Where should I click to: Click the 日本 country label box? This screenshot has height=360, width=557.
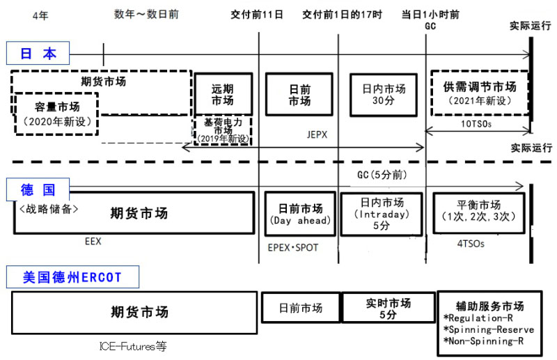point(38,54)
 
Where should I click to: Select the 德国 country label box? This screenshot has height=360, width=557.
point(38,189)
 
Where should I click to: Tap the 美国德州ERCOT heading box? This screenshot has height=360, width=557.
point(72,278)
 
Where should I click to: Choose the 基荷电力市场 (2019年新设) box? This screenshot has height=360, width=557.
point(222,130)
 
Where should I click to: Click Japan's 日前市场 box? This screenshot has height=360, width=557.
point(299,94)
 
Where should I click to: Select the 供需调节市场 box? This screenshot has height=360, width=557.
point(480,94)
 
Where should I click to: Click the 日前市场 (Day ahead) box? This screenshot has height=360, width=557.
point(300,214)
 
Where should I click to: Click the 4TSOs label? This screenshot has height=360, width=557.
point(470,244)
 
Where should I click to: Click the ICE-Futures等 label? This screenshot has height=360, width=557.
point(133,346)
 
